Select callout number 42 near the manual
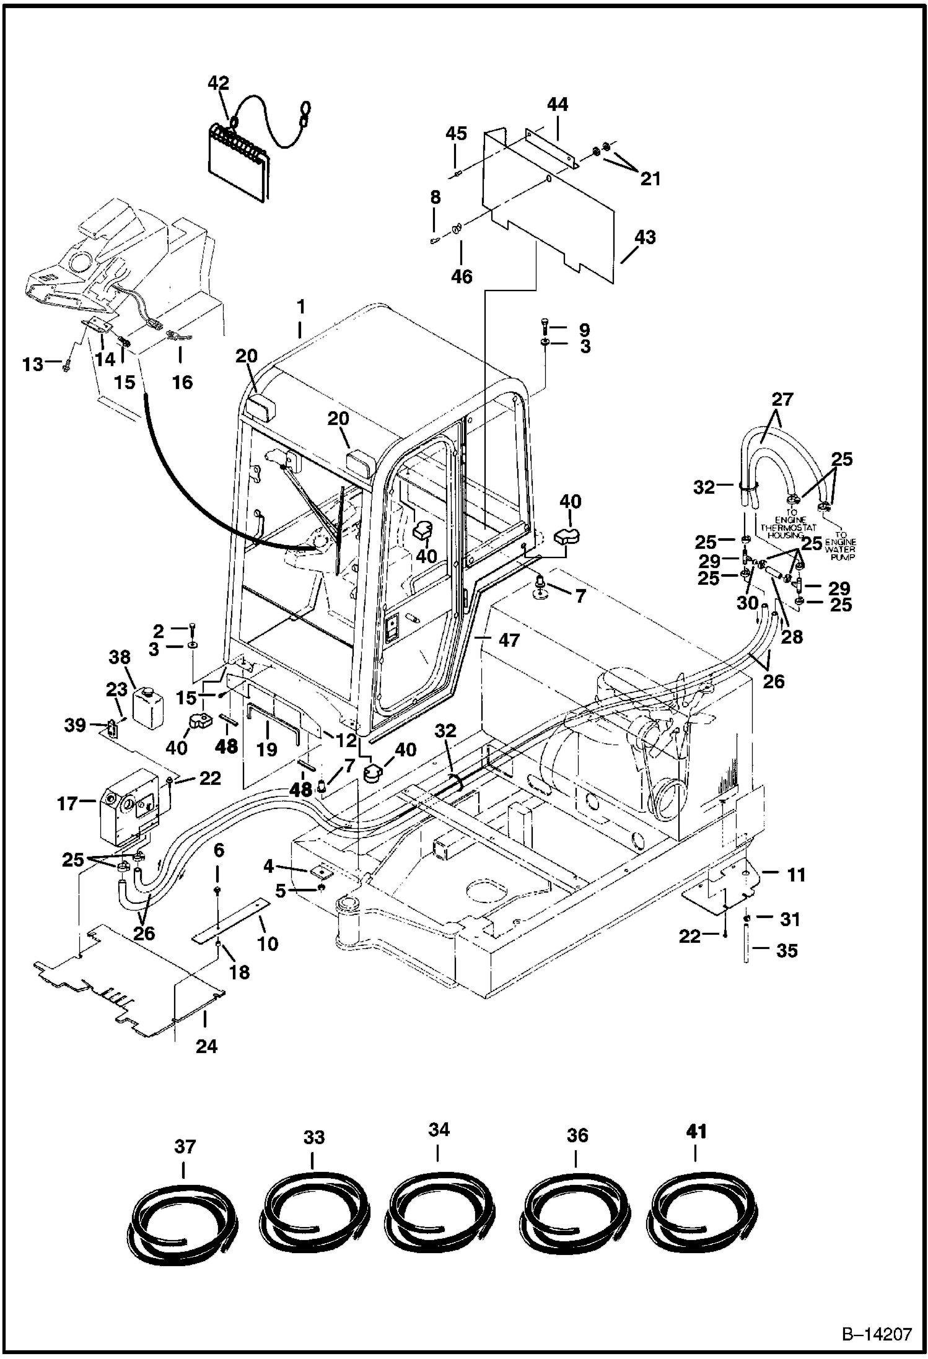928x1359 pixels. (x=219, y=83)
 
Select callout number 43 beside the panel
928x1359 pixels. (x=645, y=237)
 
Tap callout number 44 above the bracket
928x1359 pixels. (x=558, y=104)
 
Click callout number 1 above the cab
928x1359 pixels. (x=300, y=307)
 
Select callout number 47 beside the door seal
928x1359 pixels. (x=509, y=640)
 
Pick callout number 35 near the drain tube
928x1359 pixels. (x=787, y=950)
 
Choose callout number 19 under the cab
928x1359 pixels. (x=267, y=749)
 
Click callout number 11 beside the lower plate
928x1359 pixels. (x=796, y=875)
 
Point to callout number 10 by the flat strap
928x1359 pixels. (x=268, y=943)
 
